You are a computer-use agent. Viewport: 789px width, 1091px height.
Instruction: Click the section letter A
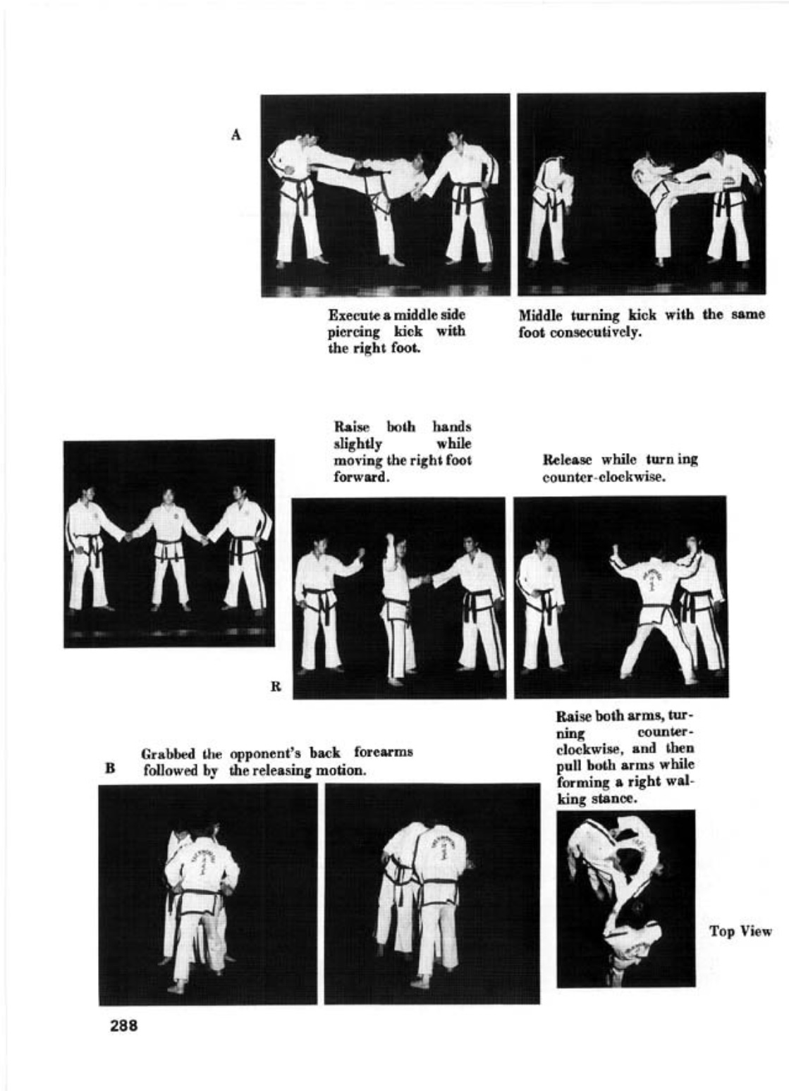(236, 135)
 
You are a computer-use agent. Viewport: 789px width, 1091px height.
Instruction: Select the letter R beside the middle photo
(276, 686)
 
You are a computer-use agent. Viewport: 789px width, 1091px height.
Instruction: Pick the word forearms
(383, 753)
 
